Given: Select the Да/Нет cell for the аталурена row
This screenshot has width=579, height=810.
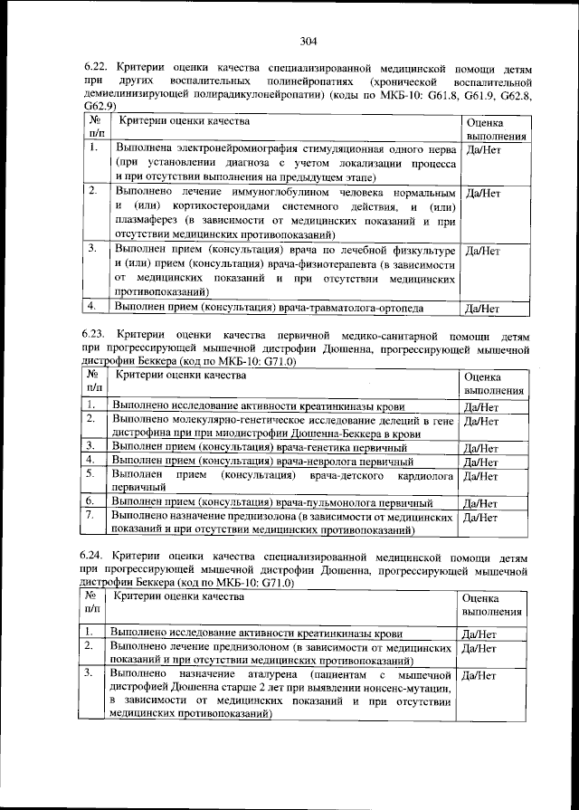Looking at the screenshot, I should coord(480,675).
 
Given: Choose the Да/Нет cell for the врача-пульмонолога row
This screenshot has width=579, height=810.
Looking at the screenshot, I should coord(481,503).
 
